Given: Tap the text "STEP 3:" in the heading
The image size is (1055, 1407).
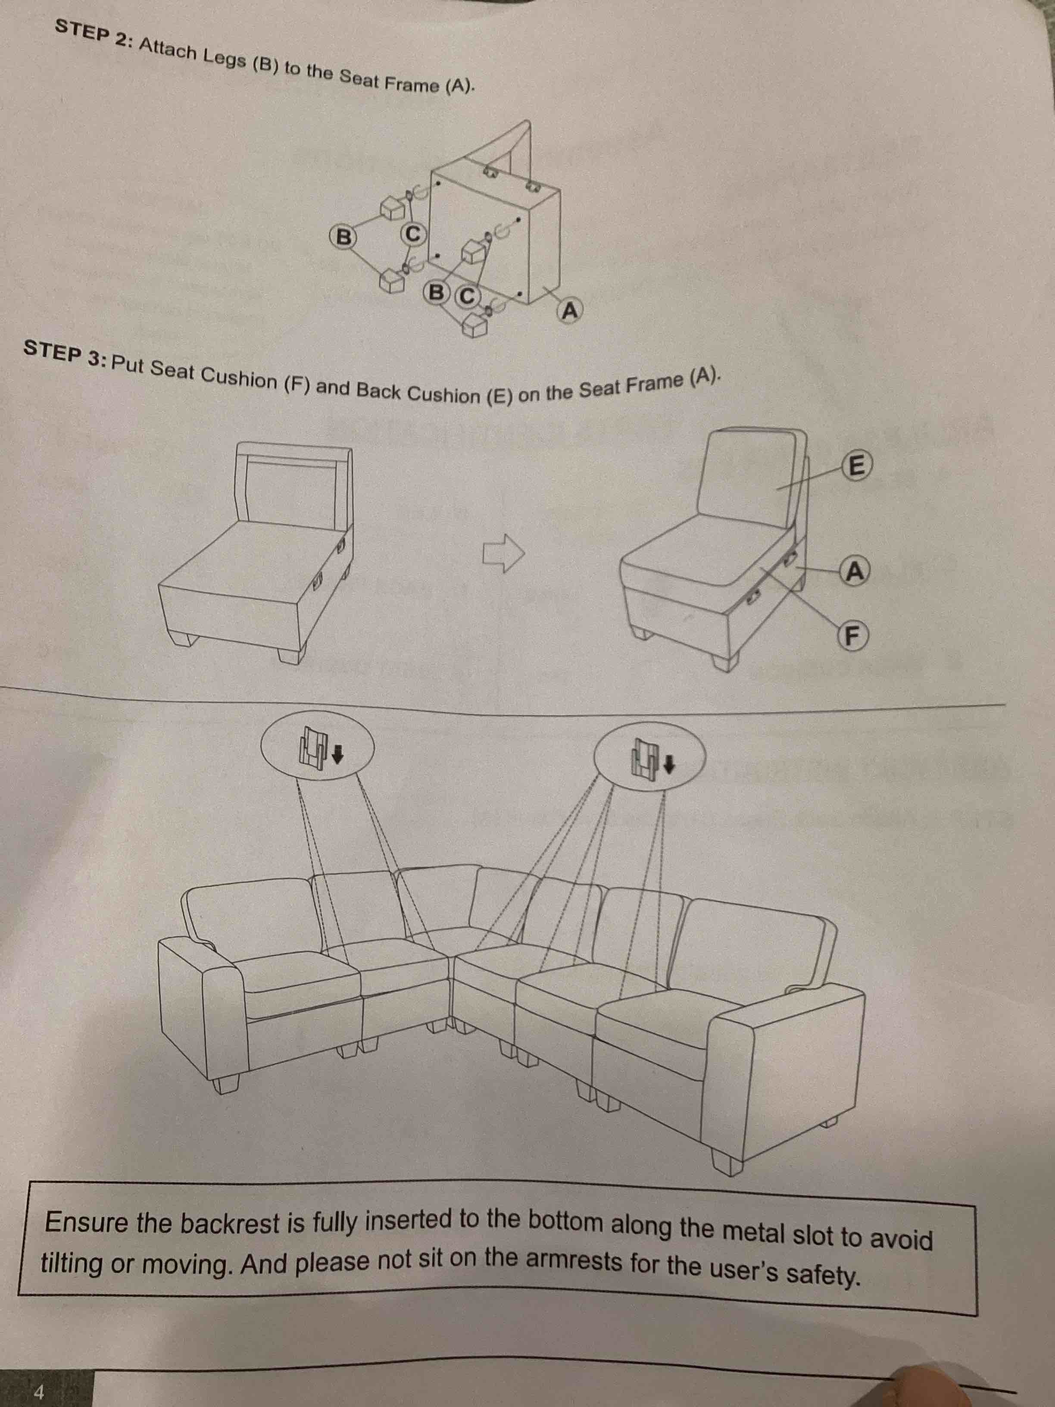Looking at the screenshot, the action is pyautogui.click(x=65, y=355).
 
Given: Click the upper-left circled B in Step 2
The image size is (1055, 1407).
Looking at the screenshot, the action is pyautogui.click(x=343, y=237).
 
